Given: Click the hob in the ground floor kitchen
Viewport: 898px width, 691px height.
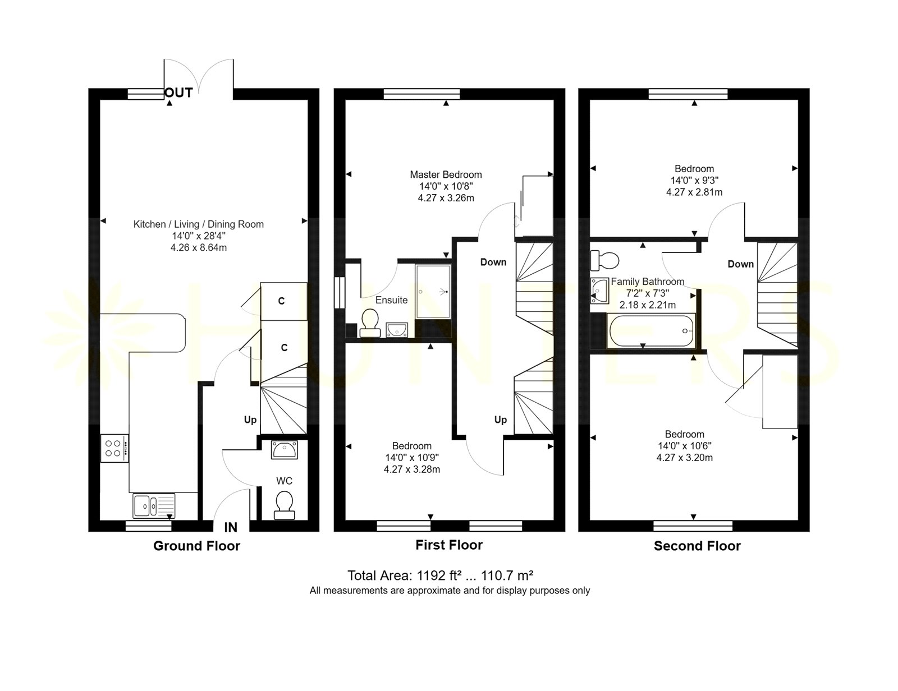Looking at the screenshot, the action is [x=114, y=448].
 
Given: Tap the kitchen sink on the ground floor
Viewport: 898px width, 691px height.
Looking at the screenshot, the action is [x=154, y=505].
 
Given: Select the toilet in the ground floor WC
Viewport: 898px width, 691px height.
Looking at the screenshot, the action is [x=285, y=505].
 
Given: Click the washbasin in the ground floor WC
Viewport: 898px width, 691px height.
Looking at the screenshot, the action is [x=284, y=450].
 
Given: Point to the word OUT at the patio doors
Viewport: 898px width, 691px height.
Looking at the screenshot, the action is [x=178, y=93].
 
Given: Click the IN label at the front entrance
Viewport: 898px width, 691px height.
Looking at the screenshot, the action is [x=231, y=527].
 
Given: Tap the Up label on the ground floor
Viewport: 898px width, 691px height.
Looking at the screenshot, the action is [x=250, y=420].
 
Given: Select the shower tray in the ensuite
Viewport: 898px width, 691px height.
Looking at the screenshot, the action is [x=433, y=292].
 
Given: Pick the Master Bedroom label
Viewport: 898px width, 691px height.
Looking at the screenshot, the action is [x=446, y=174].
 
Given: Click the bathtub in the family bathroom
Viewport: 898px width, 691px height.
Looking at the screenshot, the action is [x=651, y=331].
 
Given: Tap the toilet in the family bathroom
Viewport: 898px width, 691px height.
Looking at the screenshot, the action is [x=604, y=260].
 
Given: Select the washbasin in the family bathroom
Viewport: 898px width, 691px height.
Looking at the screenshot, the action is [x=599, y=291].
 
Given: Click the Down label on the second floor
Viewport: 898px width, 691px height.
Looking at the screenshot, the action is [x=740, y=264].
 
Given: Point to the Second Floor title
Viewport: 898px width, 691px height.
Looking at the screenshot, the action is [x=697, y=546].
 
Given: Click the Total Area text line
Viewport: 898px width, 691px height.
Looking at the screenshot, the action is [x=440, y=575].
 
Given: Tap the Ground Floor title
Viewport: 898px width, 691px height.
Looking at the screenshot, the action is [x=196, y=546].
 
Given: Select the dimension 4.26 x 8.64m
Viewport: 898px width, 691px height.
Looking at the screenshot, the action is [x=198, y=248].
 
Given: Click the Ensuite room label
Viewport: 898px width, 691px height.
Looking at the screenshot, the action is [x=391, y=300].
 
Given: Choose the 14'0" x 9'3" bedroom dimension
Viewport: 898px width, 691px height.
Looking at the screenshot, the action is [x=694, y=181].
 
